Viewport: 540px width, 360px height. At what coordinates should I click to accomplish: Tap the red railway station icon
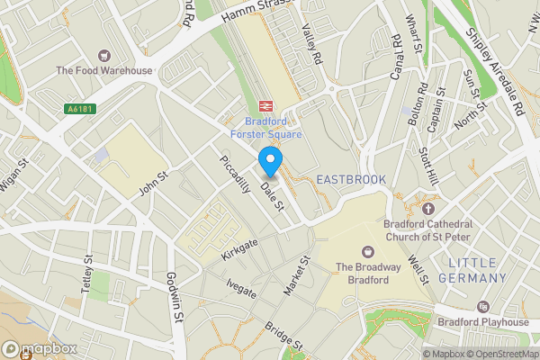pos(266,106)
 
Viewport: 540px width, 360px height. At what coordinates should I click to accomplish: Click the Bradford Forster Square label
pos(273,128)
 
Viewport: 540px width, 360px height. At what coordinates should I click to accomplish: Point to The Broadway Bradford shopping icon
pos(368,251)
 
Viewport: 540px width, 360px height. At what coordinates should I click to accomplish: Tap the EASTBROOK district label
pos(351,180)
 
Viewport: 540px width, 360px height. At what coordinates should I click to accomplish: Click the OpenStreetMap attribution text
pos(499,353)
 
